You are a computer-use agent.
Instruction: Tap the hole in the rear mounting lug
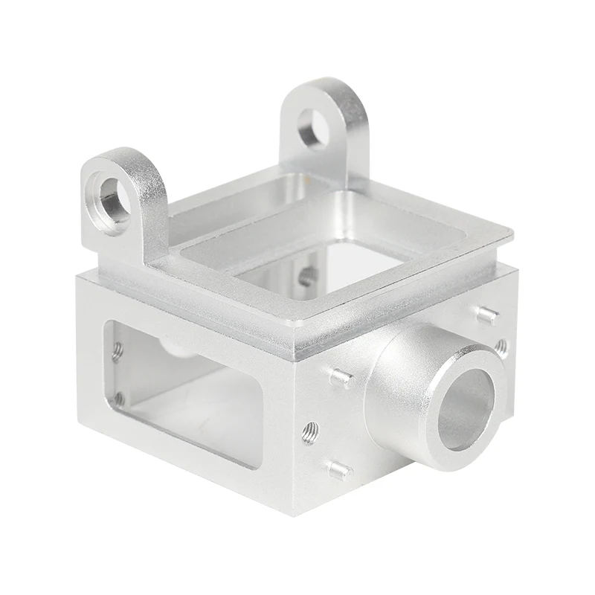coord(312,129)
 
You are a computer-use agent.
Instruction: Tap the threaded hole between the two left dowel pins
coord(311,431)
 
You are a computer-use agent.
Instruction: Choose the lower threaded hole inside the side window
coord(119,399)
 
